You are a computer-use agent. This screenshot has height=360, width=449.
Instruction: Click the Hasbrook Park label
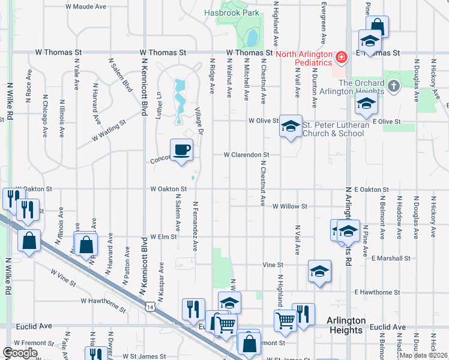(231, 12)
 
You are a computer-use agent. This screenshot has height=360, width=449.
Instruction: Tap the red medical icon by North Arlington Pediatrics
(341, 58)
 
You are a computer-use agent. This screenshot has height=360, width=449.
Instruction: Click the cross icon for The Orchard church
(393, 86)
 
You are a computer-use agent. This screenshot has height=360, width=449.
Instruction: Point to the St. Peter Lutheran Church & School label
(333, 129)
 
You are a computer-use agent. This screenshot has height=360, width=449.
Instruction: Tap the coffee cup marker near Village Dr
(181, 149)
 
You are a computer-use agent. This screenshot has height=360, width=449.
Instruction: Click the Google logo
(20, 353)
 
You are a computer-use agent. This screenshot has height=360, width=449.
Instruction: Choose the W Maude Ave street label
(86, 7)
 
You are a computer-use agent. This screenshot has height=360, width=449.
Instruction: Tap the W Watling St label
(109, 131)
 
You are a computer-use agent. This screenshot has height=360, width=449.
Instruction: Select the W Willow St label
(289, 206)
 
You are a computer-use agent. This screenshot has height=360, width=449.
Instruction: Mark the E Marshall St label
(391, 259)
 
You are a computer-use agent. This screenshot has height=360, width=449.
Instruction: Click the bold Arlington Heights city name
(345, 325)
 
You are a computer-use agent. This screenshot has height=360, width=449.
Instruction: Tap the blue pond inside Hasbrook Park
(252, 38)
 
